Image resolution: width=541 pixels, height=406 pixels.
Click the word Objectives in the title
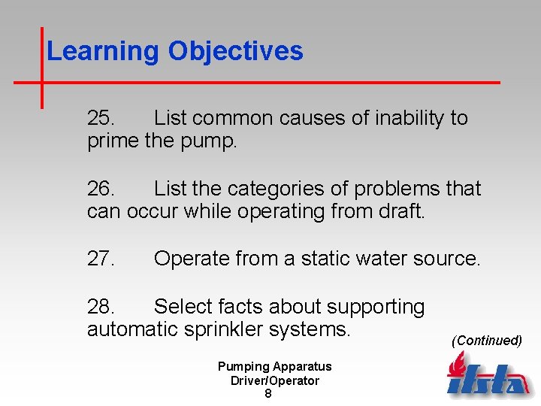click(x=236, y=51)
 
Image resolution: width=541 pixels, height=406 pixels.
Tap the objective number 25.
click(x=101, y=118)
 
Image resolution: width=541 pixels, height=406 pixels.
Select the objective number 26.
click(x=101, y=188)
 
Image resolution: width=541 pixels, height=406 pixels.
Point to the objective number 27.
click(x=101, y=259)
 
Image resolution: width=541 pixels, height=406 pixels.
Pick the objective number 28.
click(x=101, y=307)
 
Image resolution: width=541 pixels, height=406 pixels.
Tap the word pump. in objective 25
click(x=208, y=141)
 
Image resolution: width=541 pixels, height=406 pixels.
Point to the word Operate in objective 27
click(x=195, y=259)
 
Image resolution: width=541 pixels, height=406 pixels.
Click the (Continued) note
click(x=486, y=341)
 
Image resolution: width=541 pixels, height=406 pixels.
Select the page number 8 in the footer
click(x=268, y=393)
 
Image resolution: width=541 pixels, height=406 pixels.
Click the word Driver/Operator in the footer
click(x=274, y=380)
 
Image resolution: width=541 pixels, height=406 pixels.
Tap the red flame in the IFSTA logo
click(x=455, y=367)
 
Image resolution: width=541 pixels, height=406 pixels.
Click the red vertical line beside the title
click(x=41, y=68)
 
